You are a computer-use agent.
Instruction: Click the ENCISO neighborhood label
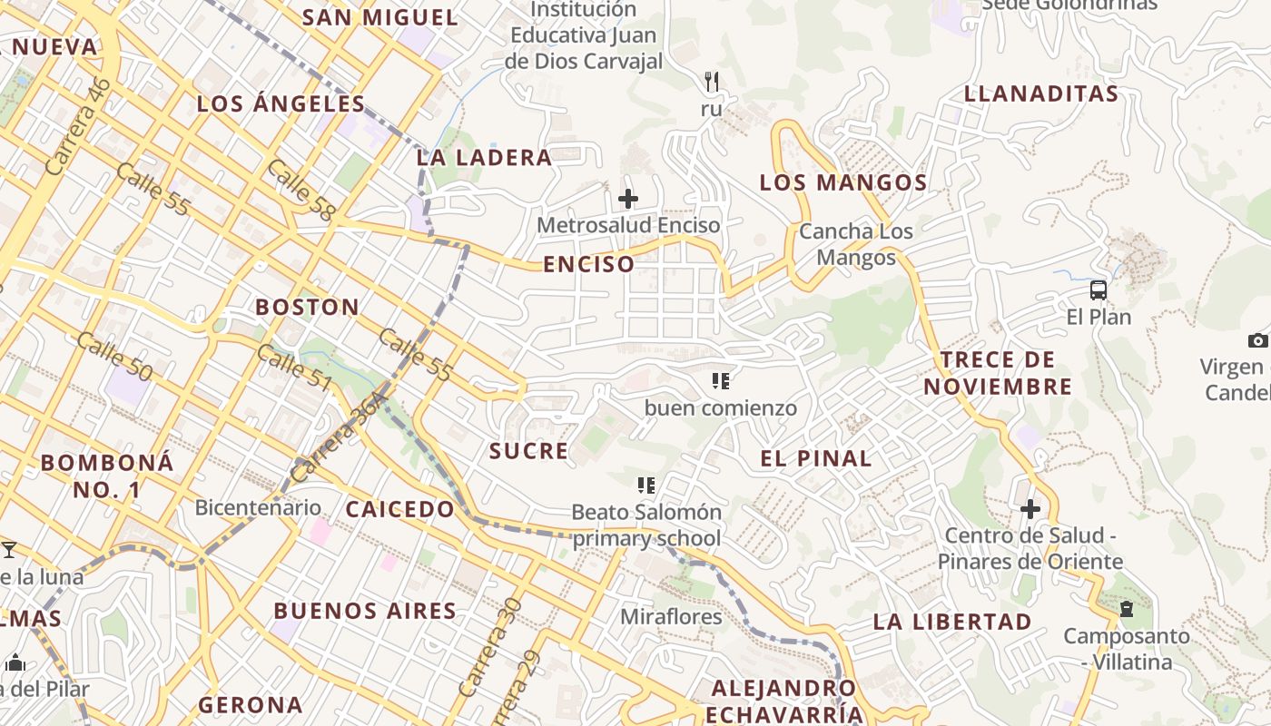[589, 264]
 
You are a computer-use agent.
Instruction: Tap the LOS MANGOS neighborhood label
[843, 182]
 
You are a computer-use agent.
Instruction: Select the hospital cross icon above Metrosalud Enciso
[627, 199]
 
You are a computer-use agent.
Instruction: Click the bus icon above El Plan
[1099, 290]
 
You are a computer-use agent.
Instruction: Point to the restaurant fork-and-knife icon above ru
[712, 82]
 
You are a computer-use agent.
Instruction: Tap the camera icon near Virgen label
[1257, 340]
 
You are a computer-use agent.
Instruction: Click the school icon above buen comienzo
[721, 381]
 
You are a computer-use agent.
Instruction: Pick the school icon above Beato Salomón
[646, 486]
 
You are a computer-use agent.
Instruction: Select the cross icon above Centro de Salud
[1030, 509]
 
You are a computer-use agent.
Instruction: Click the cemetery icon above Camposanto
[1127, 609]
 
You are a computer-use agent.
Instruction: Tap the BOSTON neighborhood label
[307, 307]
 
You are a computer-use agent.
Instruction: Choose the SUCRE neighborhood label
[529, 451]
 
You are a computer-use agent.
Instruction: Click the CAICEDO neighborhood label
[400, 509]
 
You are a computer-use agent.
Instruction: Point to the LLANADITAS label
[1041, 93]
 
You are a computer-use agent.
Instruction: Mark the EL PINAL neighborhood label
[816, 458]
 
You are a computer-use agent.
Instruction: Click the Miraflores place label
[672, 617]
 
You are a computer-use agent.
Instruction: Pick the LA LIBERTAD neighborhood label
[952, 622]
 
